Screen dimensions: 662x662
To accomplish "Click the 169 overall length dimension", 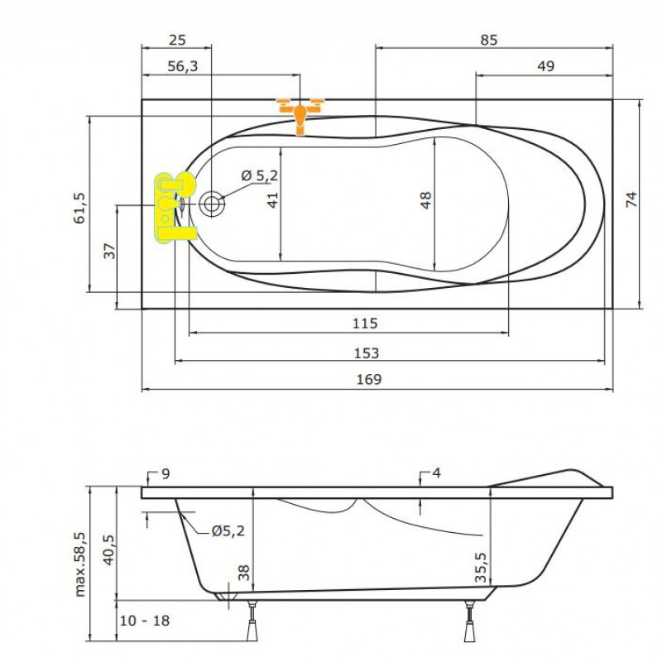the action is point(369,379).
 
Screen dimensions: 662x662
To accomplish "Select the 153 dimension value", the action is point(366,353).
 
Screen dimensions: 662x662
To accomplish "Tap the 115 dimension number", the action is point(365,324).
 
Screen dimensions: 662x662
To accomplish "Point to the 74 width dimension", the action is point(631,199).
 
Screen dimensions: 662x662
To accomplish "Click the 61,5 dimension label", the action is point(79,208).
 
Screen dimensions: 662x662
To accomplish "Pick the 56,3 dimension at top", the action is point(183,66).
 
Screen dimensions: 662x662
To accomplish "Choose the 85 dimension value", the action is point(489,40).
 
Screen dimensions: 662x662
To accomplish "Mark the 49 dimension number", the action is point(546,66).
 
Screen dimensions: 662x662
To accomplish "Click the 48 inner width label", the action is point(426,199).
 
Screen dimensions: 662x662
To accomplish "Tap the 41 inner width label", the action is point(273,199).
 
